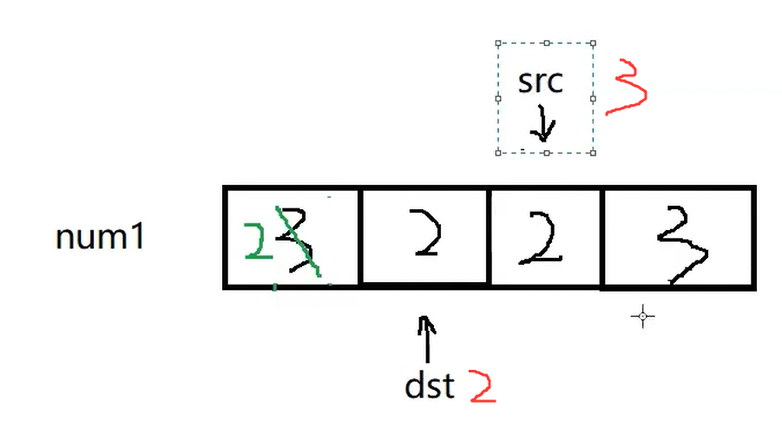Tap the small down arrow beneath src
[543, 124]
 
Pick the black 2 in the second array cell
[426, 236]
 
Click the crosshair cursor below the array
[642, 317]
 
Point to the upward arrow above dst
[427, 338]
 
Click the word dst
[430, 385]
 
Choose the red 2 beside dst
[483, 386]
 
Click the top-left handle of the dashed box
[498, 42]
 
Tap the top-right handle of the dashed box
[594, 42]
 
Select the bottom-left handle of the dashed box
[498, 153]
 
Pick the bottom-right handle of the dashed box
[594, 153]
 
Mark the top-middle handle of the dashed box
[546, 42]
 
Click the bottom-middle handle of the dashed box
[546, 153]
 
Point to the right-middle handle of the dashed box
[594, 97]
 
